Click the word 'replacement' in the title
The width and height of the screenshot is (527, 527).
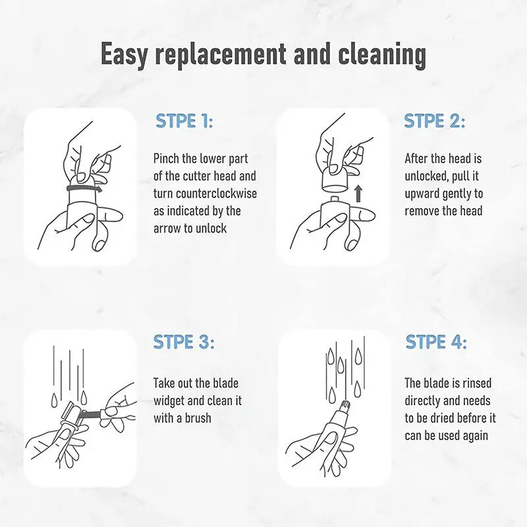tap(221, 54)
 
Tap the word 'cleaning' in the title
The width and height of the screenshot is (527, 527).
tap(382, 54)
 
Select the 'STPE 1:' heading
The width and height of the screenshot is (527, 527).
tap(184, 121)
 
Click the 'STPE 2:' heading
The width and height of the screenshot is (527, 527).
tap(435, 121)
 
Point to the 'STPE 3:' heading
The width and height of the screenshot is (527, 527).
tap(184, 342)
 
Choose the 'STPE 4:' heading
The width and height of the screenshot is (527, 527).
tap(436, 342)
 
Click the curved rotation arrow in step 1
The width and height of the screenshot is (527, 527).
tap(84, 189)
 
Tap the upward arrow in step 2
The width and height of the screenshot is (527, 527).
tap(358, 194)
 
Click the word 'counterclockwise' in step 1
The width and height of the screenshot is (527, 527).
tap(217, 194)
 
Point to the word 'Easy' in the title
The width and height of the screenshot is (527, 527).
tap(124, 55)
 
